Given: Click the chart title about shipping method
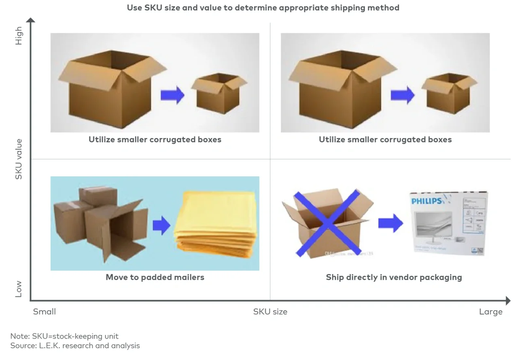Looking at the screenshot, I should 263,8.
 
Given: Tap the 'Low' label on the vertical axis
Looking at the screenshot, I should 19,289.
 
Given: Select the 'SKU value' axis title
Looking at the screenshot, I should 19,159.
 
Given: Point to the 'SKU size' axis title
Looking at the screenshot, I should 270,311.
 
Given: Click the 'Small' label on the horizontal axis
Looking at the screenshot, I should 45,311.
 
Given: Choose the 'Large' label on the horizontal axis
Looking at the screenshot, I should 490,311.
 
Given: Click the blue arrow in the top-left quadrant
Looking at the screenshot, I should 172,95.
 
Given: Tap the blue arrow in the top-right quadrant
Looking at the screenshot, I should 402,95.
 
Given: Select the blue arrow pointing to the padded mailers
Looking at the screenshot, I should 162,225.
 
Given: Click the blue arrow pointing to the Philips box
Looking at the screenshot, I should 390,223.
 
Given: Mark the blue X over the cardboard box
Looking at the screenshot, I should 327,222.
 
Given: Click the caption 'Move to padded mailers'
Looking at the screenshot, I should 155,277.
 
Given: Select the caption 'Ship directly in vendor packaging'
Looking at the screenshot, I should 394,277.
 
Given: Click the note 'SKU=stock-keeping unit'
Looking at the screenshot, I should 64,336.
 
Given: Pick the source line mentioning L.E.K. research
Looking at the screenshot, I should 75,345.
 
